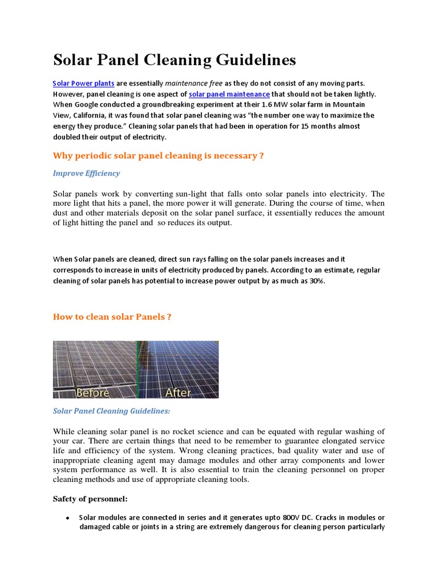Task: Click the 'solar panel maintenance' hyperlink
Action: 229,94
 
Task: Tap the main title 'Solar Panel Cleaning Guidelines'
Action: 175,60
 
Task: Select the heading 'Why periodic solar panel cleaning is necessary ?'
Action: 158,155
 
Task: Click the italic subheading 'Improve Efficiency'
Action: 86,173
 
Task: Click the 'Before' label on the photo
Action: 93,392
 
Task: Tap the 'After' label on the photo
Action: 178,392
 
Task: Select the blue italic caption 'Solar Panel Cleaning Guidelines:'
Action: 111,410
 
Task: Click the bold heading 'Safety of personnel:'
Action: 90,498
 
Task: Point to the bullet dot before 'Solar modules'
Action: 68,518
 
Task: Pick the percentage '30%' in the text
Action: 315,280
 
